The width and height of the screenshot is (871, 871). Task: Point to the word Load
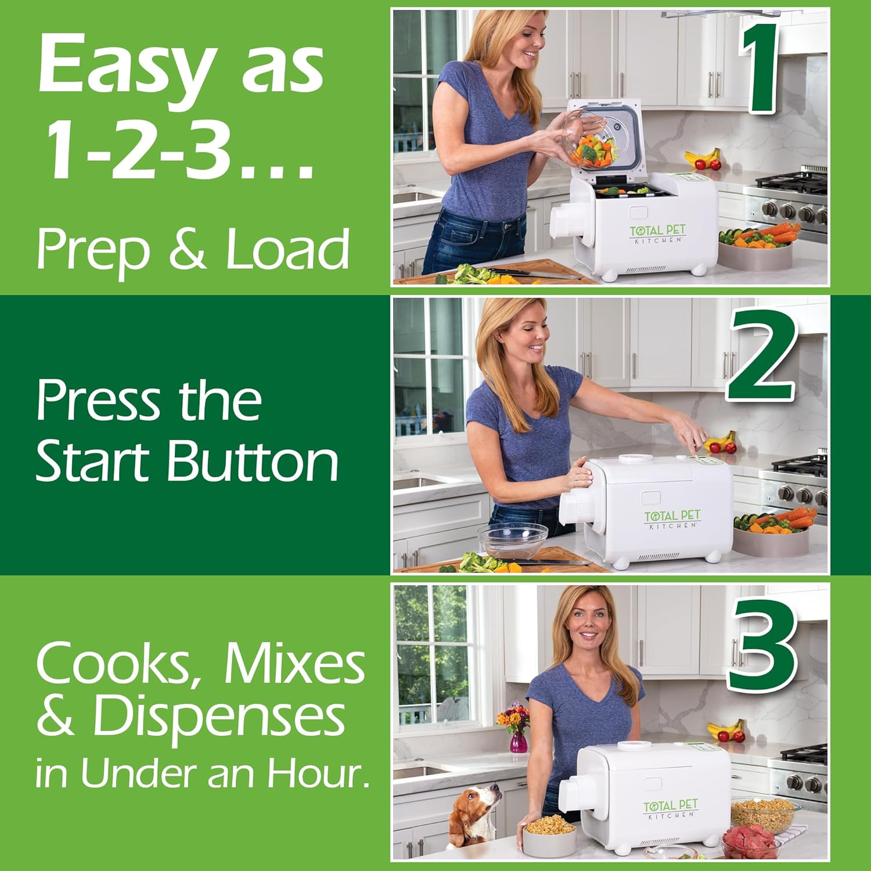click(x=287, y=250)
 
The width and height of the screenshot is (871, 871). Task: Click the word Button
click(x=253, y=462)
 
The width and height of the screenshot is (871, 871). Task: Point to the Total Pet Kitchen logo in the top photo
click(x=657, y=233)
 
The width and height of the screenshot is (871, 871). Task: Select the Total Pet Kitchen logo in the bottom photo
click(x=671, y=808)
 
